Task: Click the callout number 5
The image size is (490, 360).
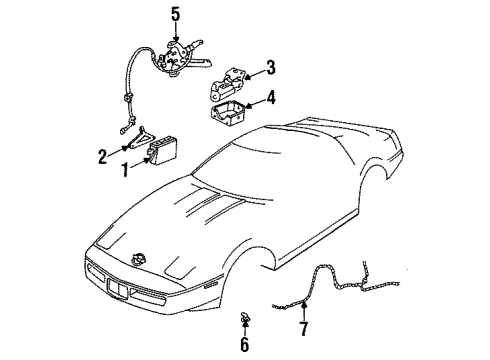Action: (176, 13)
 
